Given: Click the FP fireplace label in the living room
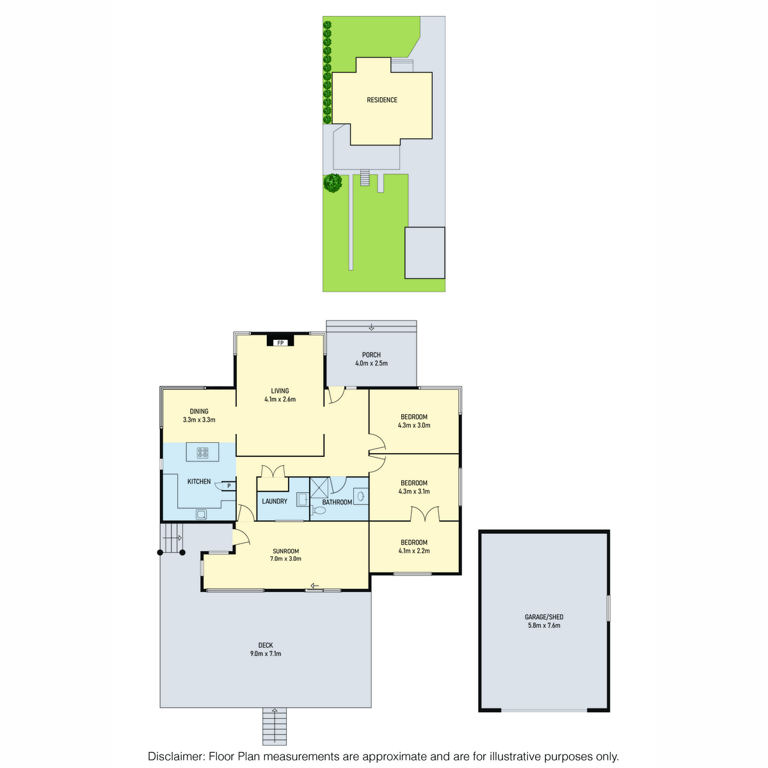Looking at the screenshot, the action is pos(280,343).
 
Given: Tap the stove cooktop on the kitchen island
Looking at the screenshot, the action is pos(202,452).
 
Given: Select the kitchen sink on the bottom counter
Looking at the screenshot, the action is pos(201,515).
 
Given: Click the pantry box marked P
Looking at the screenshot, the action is pos(228,486).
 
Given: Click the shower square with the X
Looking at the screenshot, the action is pos(319,487).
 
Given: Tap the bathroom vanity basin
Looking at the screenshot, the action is pos(361,496).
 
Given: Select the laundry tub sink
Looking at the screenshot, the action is pos(302,499).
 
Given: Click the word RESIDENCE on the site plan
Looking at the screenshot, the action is pos(382,100).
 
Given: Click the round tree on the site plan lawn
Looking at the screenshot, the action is pos(332,183).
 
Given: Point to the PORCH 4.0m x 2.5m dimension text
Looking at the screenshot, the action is pos(371,363).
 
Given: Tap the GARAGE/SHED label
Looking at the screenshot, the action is pos(543,617).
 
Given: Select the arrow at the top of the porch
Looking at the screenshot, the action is pos(371,327).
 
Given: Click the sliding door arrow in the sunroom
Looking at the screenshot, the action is pos(315,586).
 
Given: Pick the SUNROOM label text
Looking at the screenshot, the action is pos(285,551).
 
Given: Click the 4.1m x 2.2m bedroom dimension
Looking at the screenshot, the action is pos(413,551).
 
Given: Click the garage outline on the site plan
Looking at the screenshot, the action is pos(424,253).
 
